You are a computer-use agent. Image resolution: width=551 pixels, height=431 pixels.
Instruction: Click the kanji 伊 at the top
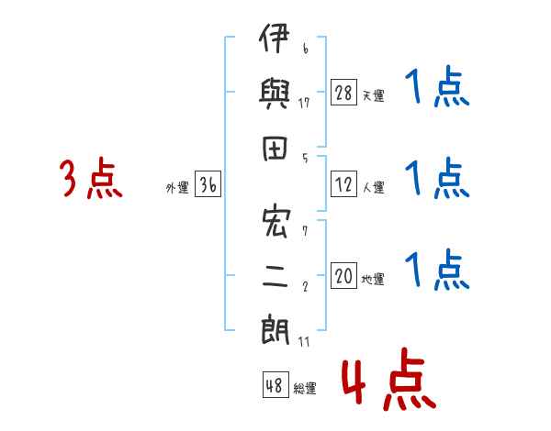pyautogui.click(x=275, y=38)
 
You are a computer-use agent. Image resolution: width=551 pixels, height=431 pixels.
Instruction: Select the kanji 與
pyautogui.click(x=275, y=94)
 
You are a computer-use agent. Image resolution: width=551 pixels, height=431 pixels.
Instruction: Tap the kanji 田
pyautogui.click(x=275, y=149)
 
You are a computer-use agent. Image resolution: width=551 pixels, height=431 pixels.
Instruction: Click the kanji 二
pyautogui.click(x=275, y=277)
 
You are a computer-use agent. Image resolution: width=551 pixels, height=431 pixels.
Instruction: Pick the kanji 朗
pyautogui.click(x=275, y=329)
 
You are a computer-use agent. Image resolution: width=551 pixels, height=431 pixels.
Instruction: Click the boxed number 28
pyautogui.click(x=343, y=93)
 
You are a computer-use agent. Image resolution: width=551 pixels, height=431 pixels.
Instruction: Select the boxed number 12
pyautogui.click(x=343, y=184)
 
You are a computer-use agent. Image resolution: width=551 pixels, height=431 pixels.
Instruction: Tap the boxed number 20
pyautogui.click(x=343, y=275)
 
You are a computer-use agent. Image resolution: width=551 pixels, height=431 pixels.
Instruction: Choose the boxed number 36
pyautogui.click(x=208, y=184)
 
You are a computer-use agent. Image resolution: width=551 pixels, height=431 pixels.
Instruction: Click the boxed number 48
pyautogui.click(x=275, y=384)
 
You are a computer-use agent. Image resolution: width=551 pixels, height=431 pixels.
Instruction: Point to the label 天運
pyautogui.click(x=373, y=95)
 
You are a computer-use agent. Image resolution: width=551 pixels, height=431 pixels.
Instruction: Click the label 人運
pyautogui.click(x=374, y=187)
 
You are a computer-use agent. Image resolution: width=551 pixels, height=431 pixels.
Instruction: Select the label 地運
pyautogui.click(x=373, y=279)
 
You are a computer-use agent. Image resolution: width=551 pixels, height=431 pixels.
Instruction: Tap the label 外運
pyautogui.click(x=177, y=187)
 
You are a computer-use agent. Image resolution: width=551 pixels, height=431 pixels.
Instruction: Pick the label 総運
pyautogui.click(x=305, y=388)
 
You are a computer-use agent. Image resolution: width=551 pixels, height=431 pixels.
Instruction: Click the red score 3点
pyautogui.click(x=91, y=178)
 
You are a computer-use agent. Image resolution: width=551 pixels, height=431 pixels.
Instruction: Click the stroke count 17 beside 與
pyautogui.click(x=304, y=103)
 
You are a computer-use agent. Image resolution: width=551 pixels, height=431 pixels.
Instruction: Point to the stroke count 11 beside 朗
pyautogui.click(x=304, y=341)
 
